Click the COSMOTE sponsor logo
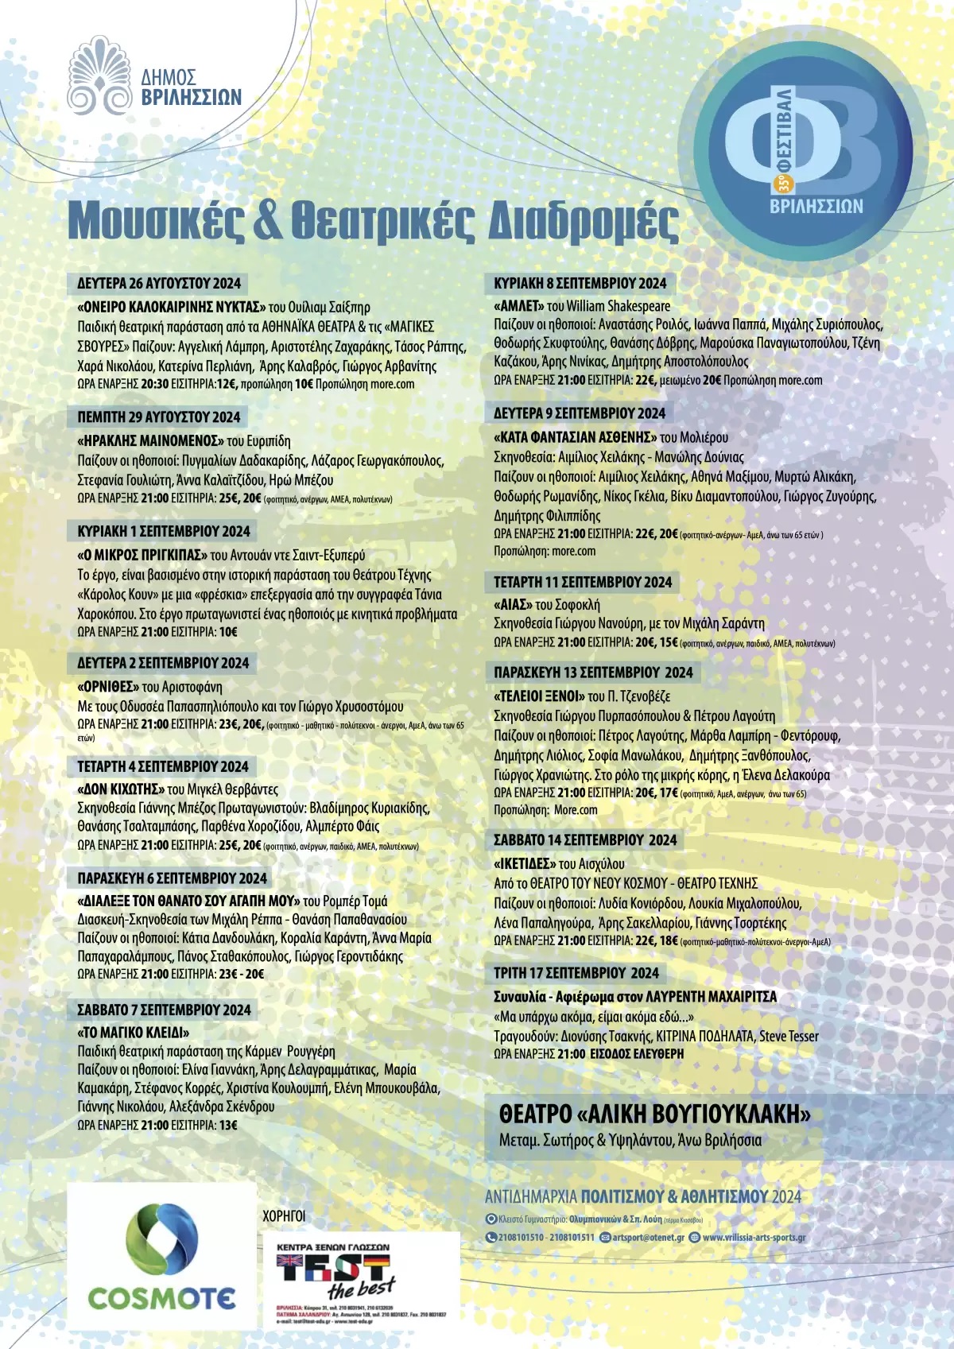[x=161, y=1256]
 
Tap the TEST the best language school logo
[x=361, y=1276]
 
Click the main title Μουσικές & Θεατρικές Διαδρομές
[x=374, y=220]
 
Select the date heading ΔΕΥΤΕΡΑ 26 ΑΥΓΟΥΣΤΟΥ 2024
[x=159, y=283]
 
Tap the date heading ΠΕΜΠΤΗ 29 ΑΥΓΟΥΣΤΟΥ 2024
[x=159, y=417]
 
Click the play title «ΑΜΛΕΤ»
[x=518, y=306]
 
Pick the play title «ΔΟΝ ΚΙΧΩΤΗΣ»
[x=121, y=789]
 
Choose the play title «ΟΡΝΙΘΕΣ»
[x=108, y=687]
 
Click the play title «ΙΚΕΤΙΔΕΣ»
[x=524, y=863]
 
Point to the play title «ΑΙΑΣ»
[x=513, y=604]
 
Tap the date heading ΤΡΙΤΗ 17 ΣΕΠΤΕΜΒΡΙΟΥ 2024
[x=576, y=973]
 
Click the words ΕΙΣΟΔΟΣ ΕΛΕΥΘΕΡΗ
[x=636, y=1053]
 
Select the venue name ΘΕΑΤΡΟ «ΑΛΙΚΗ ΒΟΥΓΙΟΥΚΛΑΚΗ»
[x=654, y=1114]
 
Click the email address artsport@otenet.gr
[x=647, y=1237]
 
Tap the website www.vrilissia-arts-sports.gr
[x=754, y=1237]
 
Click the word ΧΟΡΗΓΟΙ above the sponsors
[x=284, y=1215]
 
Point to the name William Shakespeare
[x=619, y=306]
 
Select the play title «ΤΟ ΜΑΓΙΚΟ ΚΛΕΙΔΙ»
[x=133, y=1033]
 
